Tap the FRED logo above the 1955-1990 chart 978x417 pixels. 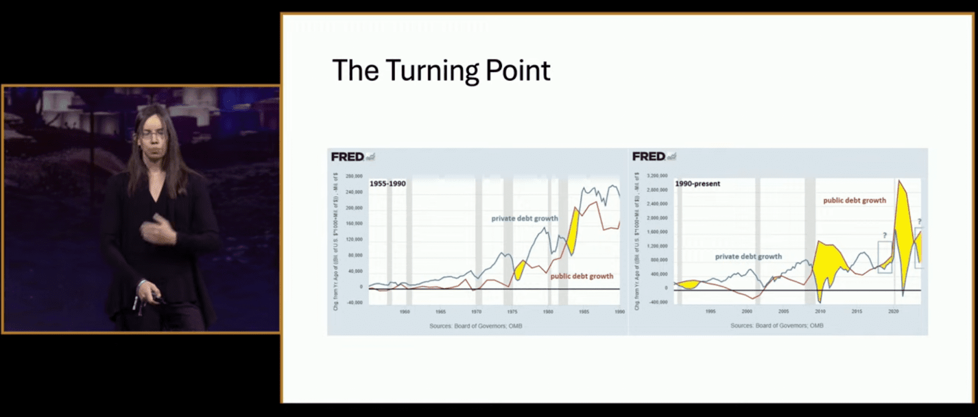[348, 157]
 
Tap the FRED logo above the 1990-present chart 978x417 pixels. [649, 157]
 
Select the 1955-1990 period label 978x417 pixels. [388, 183]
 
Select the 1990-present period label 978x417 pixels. [697, 183]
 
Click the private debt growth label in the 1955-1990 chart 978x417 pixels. [524, 218]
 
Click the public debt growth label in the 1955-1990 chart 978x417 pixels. [581, 276]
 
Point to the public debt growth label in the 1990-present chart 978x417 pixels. [854, 200]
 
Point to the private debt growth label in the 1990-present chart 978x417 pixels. [748, 256]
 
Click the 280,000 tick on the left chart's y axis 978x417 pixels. [355, 176]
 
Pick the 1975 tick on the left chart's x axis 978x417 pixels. [512, 311]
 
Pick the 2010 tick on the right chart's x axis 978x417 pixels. [820, 311]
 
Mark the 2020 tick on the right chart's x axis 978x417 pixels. [893, 311]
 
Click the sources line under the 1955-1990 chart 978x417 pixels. [476, 326]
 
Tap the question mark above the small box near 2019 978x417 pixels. [884, 235]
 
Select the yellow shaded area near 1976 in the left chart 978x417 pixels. [520, 269]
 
